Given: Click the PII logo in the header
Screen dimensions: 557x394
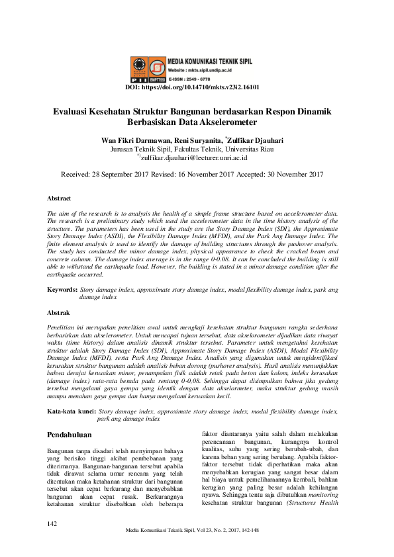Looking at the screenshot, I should coord(140,67).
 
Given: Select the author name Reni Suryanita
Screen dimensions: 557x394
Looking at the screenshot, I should coord(197,140).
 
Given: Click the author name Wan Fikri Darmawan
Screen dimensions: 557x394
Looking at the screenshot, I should coord(135,140).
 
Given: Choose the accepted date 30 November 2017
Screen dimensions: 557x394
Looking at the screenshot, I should coord(289,175).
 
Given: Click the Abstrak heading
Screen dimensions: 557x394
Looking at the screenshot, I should coord(58,312).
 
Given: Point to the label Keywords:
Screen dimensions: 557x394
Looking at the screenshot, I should coord(62,290).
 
